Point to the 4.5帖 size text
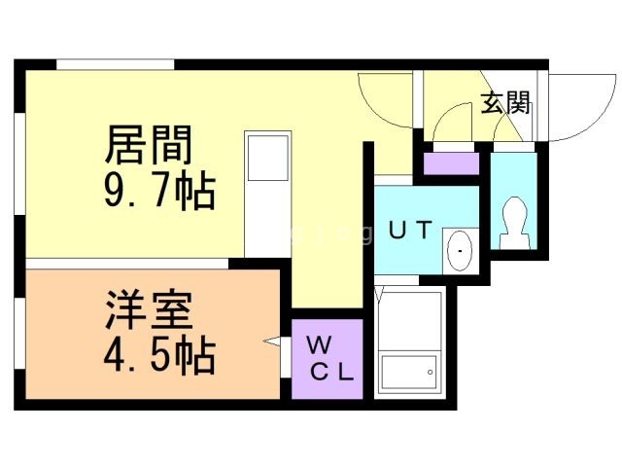[157, 357]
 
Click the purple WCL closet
[328, 358]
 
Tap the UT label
[411, 232]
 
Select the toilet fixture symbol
[512, 223]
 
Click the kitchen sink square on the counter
[267, 158]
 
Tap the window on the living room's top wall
[115, 65]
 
